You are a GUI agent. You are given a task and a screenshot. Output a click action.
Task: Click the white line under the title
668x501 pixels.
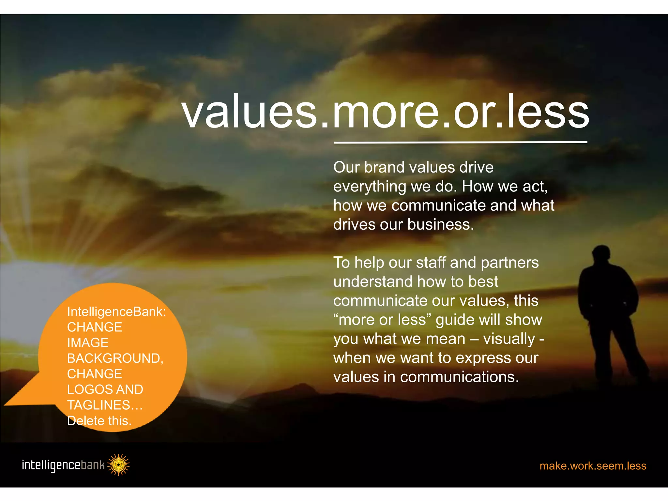[461, 143]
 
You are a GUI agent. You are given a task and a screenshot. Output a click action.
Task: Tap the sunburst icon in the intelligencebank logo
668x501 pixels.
[118, 464]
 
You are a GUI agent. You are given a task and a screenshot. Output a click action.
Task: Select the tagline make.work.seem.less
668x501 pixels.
[593, 465]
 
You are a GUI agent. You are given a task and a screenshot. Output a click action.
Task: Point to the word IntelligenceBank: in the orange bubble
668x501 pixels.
[116, 312]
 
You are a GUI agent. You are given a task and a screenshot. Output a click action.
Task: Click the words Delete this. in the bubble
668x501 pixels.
[99, 421]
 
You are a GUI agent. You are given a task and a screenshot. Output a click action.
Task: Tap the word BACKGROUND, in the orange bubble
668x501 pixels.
[115, 358]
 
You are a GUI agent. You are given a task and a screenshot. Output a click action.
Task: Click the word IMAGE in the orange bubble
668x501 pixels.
[88, 343]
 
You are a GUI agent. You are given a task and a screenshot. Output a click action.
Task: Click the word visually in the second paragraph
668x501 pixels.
[509, 339]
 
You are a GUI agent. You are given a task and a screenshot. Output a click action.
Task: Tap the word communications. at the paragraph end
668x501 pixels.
[459, 377]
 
